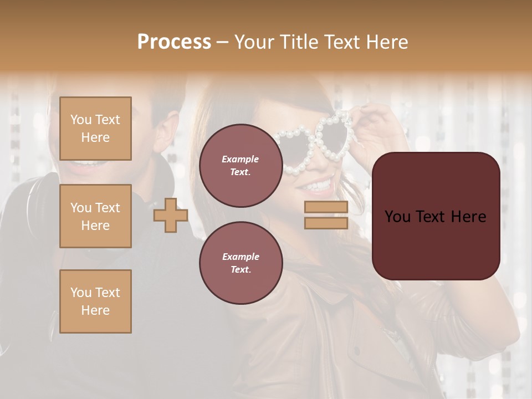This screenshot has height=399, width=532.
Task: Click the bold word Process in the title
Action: pos(174,42)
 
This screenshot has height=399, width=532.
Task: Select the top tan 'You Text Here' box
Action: pos(95,129)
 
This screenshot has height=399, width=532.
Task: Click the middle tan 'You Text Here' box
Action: pos(95,216)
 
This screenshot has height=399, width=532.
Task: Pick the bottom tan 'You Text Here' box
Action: pos(95,301)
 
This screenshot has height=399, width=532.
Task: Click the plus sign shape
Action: pos(171,215)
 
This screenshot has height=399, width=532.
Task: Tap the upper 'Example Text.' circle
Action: pos(241,165)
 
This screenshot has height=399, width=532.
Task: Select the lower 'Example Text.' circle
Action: pos(241,263)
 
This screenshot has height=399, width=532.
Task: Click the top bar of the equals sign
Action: pos(326,207)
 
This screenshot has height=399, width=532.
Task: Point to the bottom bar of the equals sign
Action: pos(326,223)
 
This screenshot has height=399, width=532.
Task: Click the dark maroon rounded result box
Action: pos(436,216)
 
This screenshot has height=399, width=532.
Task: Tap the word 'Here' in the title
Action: pos(387,42)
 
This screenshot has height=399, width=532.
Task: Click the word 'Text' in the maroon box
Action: pos(436,216)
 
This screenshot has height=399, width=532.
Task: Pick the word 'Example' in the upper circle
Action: pos(241,159)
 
